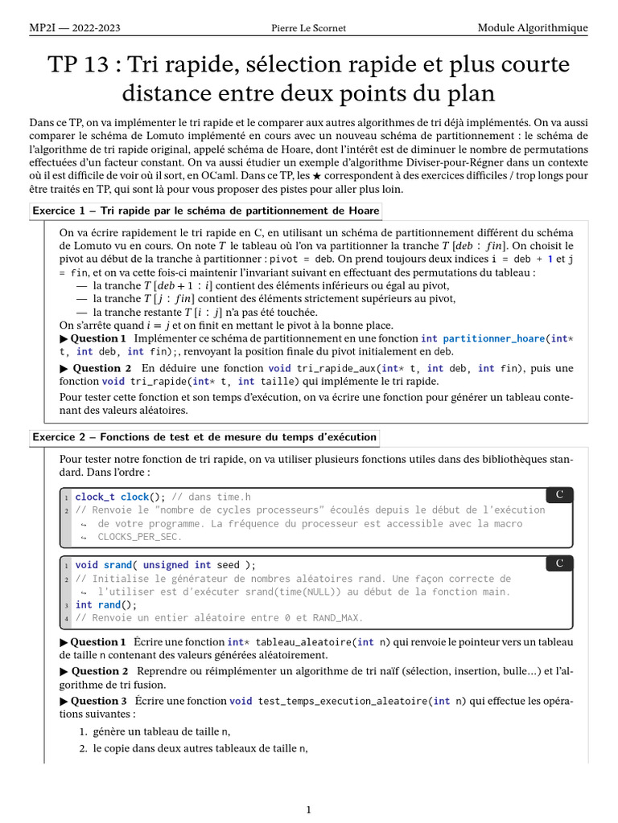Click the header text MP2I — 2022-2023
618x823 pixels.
click(75, 28)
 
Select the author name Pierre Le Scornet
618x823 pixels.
click(309, 28)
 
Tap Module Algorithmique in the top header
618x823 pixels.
click(533, 28)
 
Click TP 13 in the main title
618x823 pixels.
click(83, 65)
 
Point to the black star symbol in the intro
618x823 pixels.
click(412, 176)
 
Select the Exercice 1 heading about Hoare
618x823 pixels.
click(205, 211)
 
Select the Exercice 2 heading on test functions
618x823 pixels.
click(204, 437)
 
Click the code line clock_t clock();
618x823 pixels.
click(121, 497)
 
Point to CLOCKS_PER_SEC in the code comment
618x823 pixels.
click(139, 536)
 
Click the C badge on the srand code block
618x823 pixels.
click(559, 563)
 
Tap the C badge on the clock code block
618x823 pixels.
click(559, 494)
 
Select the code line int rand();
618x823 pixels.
click(106, 604)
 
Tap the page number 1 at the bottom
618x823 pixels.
click(309, 809)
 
